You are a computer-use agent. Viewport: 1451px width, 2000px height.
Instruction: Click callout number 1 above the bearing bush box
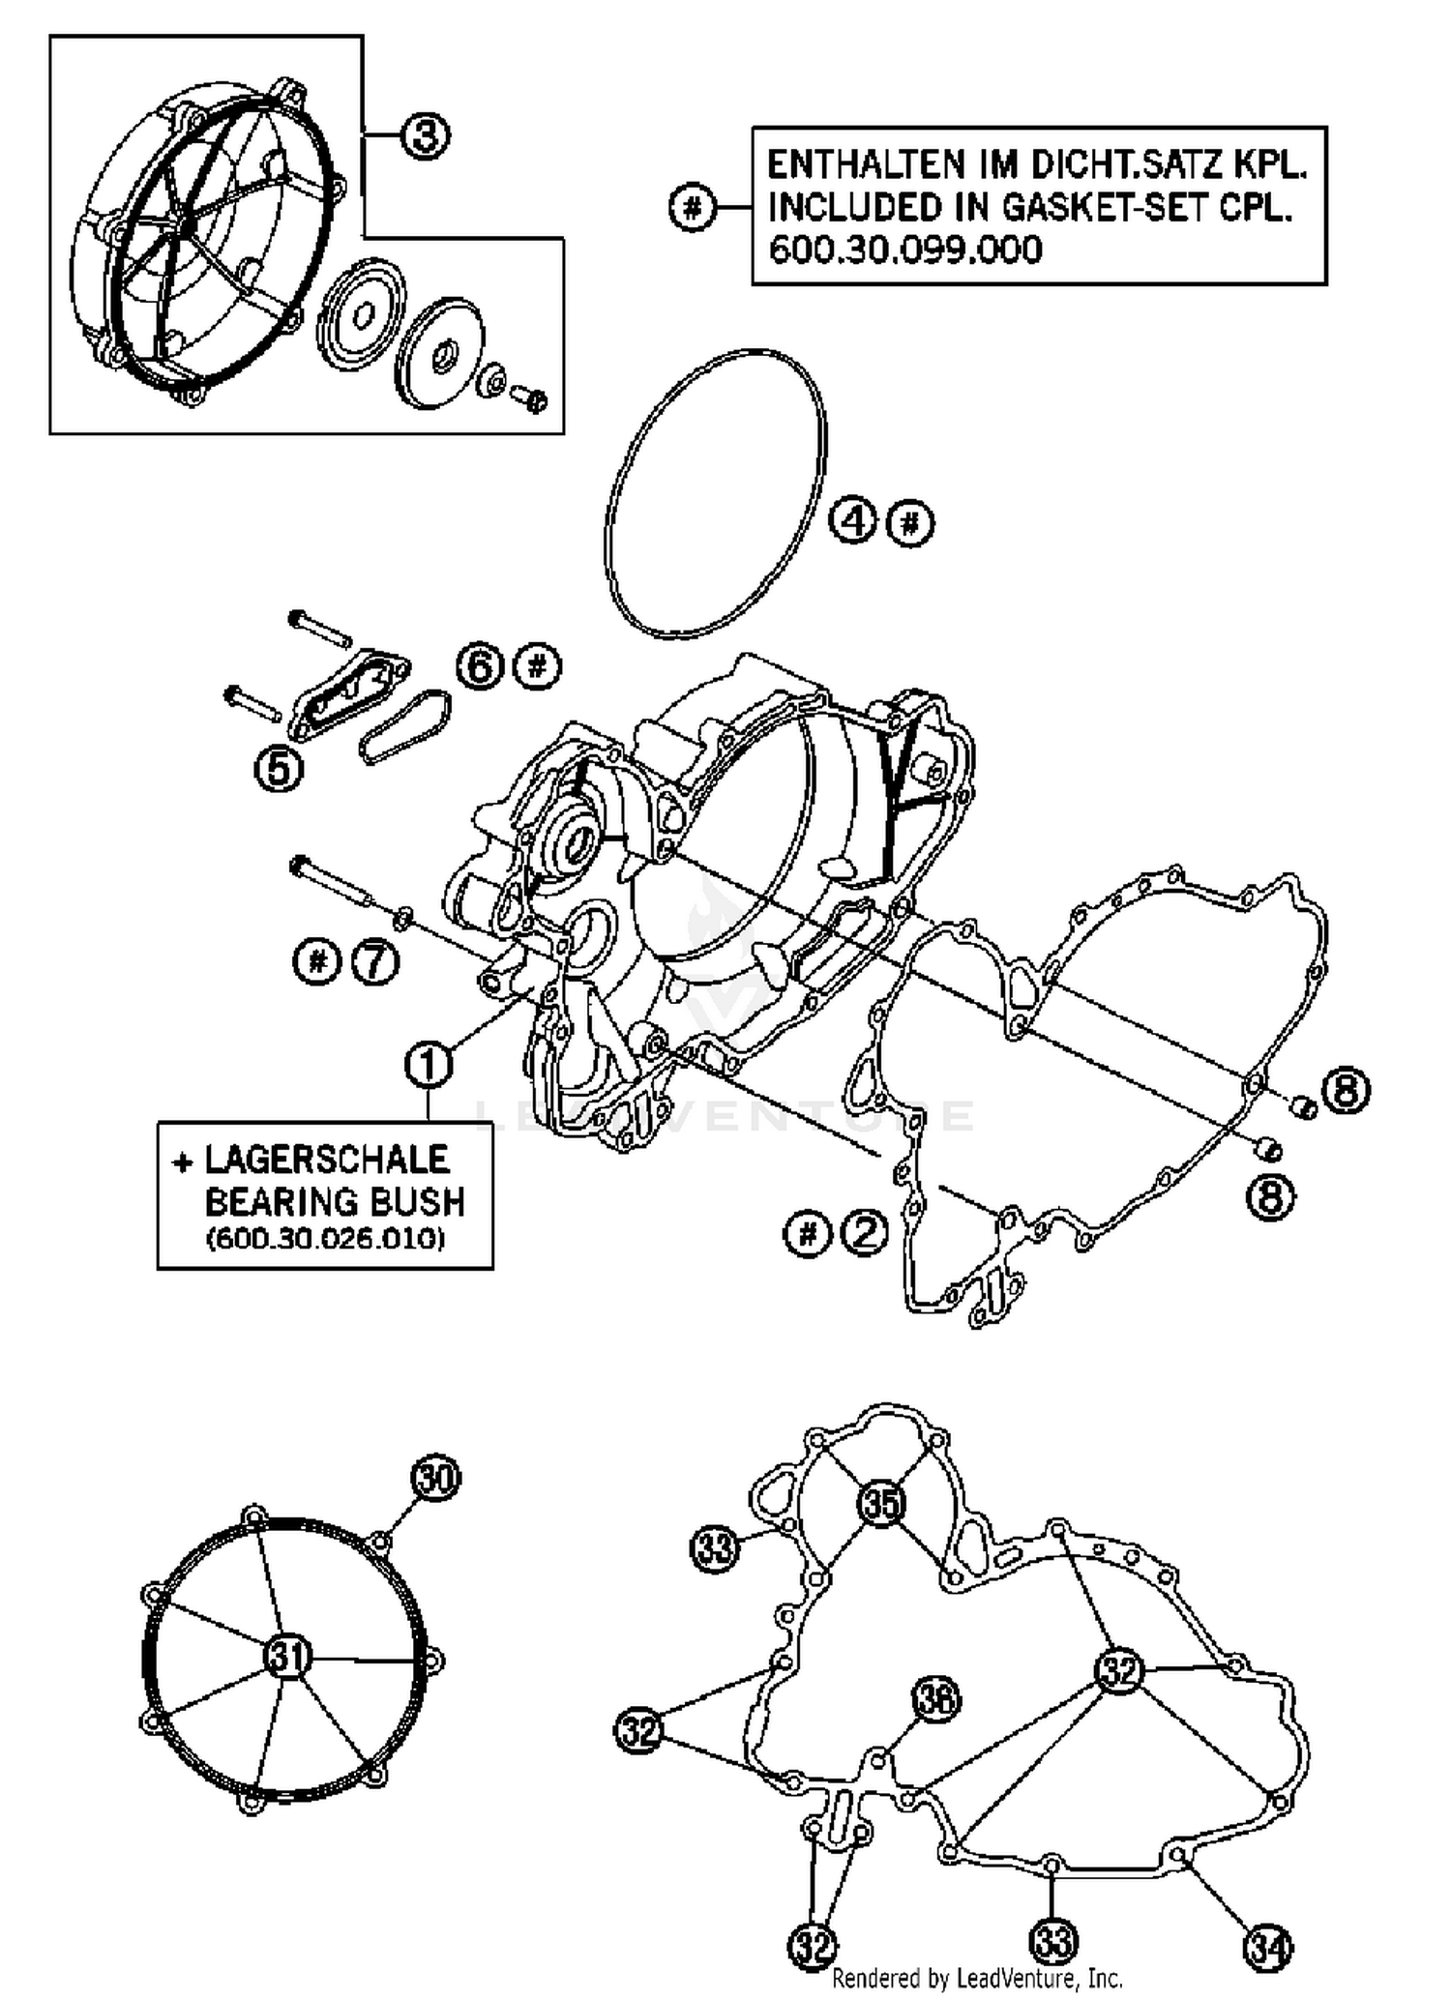(429, 1064)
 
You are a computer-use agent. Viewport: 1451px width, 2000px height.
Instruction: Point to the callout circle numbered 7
(375, 961)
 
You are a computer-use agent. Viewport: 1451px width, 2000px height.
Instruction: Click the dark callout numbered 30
(436, 1478)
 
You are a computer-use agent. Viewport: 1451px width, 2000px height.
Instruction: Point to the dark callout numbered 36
(935, 1700)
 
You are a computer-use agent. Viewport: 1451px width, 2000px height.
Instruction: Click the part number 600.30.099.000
(904, 250)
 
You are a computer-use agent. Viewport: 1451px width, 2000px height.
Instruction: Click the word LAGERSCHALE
(326, 1160)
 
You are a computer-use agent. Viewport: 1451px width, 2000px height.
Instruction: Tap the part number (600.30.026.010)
(326, 1239)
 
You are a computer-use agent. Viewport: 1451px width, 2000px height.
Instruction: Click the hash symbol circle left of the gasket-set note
(692, 207)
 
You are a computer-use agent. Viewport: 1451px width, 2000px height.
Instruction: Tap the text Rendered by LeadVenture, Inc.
(977, 1979)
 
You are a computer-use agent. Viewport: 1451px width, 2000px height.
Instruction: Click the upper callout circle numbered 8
(1346, 1092)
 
